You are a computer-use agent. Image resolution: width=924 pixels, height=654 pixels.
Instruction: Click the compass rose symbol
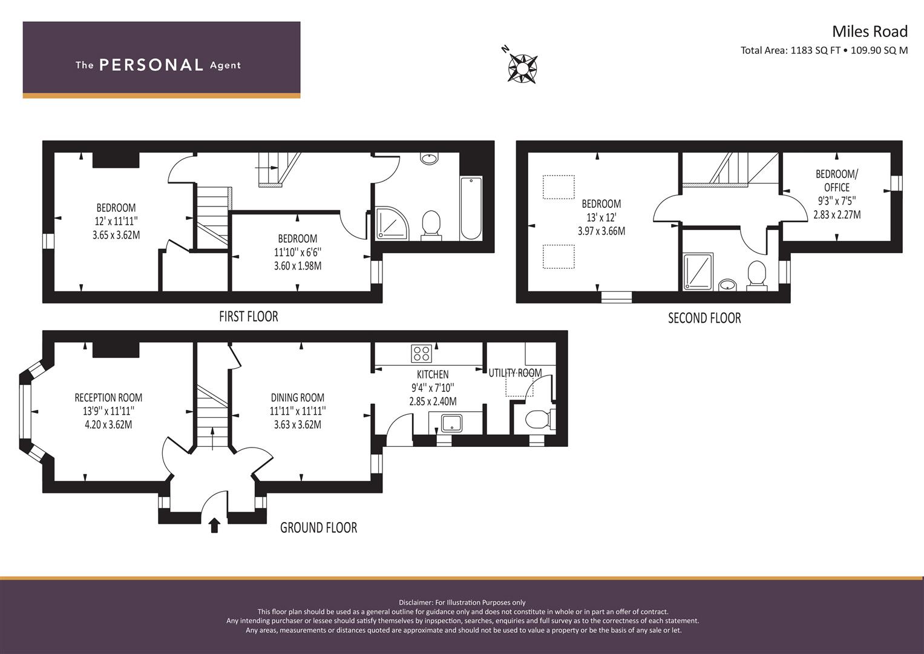pos(522,68)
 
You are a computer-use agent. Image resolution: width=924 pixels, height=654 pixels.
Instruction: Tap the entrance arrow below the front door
pos(214,526)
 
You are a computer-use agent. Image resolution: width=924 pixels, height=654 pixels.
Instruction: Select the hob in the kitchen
pos(422,354)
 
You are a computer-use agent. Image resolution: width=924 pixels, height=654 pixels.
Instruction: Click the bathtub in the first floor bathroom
pos(471,208)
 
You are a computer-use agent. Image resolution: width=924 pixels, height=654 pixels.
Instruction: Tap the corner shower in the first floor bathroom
pos(392,223)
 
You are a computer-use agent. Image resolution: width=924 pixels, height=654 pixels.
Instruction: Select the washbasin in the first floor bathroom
pos(430,158)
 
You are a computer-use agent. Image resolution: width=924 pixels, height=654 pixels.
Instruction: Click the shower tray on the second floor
pos(698,271)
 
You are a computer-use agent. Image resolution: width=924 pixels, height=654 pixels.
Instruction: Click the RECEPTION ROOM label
pos(108,398)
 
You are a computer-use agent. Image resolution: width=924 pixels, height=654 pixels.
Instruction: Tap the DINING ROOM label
pos(298,398)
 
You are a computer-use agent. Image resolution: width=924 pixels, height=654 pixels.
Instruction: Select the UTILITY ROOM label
pos(515,373)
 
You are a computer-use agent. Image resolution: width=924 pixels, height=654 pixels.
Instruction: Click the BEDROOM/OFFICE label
pos(836,181)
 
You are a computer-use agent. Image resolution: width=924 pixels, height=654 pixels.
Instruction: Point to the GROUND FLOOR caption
pos(318,527)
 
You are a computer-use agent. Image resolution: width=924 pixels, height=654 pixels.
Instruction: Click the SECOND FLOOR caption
pos(704,318)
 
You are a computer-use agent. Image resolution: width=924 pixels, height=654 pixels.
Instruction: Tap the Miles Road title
pos(870,31)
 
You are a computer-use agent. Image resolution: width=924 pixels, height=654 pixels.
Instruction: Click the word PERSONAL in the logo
pos(151,65)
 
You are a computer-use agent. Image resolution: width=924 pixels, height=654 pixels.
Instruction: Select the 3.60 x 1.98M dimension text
pos(298,265)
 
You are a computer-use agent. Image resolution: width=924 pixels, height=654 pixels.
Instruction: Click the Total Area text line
pos(824,50)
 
